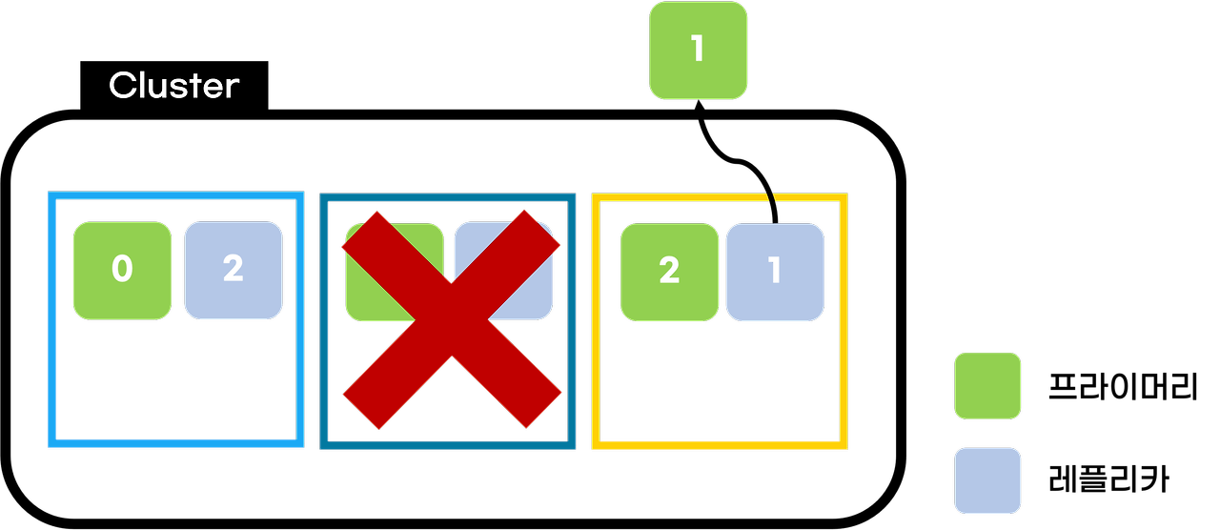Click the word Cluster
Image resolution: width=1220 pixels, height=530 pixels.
pos(173,86)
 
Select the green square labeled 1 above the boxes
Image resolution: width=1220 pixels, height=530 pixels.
pos(698,51)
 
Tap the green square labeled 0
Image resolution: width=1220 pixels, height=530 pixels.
pos(122,271)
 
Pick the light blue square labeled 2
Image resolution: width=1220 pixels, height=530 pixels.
pos(234,271)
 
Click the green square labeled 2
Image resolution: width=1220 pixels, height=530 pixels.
pos(669,273)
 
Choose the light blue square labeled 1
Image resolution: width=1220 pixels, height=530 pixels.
pos(775,273)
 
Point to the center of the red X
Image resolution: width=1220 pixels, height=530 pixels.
pos(451,319)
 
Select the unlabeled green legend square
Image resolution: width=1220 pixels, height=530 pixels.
pos(987,386)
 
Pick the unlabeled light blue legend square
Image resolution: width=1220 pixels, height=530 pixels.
pos(987,480)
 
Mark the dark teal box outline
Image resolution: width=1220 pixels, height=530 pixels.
pos(324,400)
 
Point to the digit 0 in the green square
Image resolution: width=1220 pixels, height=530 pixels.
pos(122,271)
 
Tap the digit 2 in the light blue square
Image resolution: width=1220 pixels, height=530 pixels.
pos(234,270)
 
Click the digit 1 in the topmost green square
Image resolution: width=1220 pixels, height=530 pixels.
pos(698,49)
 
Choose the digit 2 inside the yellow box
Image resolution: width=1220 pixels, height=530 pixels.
pos(669,272)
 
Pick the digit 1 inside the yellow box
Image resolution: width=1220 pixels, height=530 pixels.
pos(775,272)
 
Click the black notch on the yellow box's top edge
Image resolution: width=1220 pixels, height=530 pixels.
pos(772,198)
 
